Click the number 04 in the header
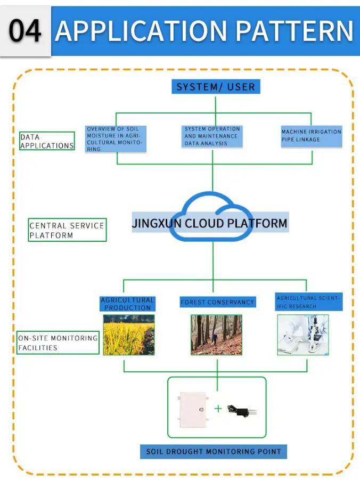[x=25, y=30]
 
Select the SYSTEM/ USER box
[x=216, y=87]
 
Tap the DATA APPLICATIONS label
[x=47, y=141]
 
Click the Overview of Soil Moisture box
[x=116, y=139]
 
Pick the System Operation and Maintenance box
[x=212, y=136]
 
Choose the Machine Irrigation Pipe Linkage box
[x=312, y=136]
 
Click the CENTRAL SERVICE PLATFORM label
[x=67, y=230]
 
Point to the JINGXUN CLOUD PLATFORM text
[x=210, y=223]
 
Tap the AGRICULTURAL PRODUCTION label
[x=128, y=304]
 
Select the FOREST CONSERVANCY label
[x=217, y=302]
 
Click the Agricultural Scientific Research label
[x=309, y=302]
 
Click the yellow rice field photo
[x=129, y=335]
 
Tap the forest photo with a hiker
[x=216, y=335]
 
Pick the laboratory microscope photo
[x=302, y=335]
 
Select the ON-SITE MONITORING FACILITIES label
[x=58, y=343]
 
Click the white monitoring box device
[x=192, y=409]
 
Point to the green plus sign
[x=218, y=409]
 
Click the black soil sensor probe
[x=242, y=410]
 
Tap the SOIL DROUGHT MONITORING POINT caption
[x=214, y=452]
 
